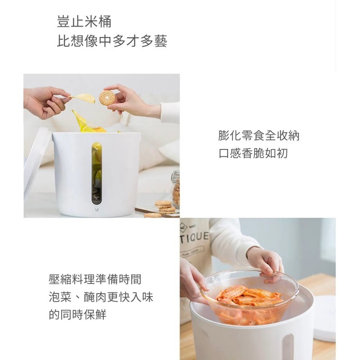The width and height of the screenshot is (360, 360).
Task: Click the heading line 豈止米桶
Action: coord(84,22)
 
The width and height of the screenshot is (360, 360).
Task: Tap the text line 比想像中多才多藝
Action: coord(112,42)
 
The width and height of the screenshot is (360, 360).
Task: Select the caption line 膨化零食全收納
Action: coord(259,135)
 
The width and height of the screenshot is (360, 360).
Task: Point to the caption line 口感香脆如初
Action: coord(253,153)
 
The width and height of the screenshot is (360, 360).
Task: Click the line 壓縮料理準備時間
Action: coord(95,279)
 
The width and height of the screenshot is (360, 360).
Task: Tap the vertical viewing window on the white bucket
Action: coord(97,173)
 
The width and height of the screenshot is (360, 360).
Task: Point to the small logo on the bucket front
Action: coord(97,209)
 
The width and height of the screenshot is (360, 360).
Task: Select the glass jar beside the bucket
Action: coord(175,189)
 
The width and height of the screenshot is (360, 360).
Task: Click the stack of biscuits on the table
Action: coord(165,207)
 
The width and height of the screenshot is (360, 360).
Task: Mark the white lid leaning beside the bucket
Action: coord(36,162)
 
